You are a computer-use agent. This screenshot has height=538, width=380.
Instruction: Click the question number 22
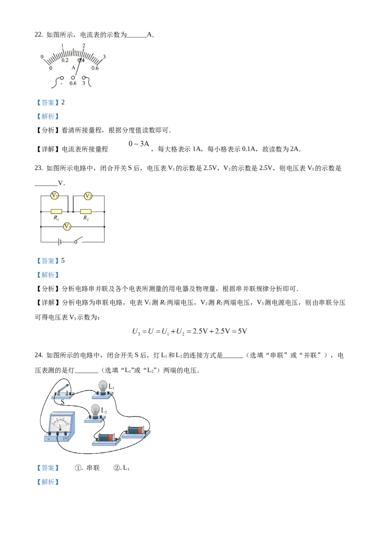coord(38,35)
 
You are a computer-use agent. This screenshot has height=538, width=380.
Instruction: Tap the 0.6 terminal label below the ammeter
coord(73,83)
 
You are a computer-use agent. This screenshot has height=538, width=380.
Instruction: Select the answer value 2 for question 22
coord(63,102)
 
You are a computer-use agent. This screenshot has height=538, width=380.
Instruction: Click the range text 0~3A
coord(139,144)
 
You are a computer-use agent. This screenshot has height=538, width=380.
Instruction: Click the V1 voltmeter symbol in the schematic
coord(55,196)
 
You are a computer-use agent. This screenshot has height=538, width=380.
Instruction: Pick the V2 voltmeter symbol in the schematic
coord(88,196)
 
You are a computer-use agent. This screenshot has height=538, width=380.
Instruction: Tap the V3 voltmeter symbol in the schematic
coord(67,226)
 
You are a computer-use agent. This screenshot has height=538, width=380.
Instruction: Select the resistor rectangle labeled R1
coord(56,211)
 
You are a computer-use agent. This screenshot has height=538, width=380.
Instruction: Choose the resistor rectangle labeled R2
coord(86,211)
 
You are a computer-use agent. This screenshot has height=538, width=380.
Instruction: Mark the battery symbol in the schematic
coord(60,242)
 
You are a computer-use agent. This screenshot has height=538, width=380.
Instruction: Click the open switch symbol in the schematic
coord(78,240)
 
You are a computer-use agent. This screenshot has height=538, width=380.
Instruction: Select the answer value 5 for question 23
coord(63,260)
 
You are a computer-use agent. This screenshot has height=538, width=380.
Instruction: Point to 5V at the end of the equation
coord(242,331)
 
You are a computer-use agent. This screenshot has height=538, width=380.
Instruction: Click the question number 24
coord(38,355)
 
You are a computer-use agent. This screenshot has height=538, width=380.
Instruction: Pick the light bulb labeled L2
coord(95,411)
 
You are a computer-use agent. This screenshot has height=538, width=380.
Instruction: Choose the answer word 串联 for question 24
coord(93,468)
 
